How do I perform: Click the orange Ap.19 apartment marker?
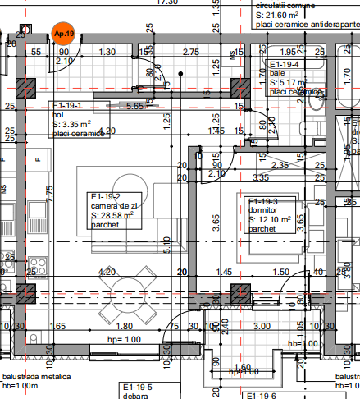tap(62, 33)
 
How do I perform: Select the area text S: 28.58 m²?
tap(112, 214)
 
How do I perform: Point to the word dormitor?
tap(263, 210)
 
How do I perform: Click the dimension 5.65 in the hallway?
tap(134, 106)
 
